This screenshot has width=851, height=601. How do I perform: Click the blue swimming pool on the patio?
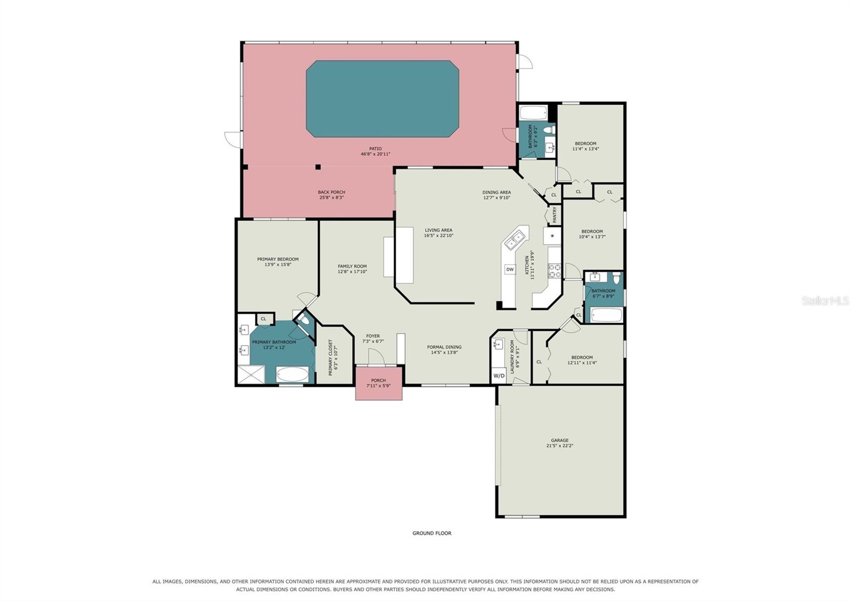point(382,99)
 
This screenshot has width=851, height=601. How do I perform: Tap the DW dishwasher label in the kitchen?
point(510,269)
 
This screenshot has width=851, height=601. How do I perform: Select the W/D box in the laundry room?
point(499,375)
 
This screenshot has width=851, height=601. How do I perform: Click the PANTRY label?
point(554,215)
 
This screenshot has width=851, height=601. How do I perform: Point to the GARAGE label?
point(560,440)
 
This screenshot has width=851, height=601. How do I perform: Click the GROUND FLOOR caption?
point(432,533)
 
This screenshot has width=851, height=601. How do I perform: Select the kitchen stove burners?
point(554,271)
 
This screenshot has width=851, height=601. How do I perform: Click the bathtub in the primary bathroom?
point(292,374)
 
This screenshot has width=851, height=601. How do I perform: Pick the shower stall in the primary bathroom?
point(251,374)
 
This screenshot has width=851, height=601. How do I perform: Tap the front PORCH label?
point(378,380)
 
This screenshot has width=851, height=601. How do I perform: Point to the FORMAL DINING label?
point(444,347)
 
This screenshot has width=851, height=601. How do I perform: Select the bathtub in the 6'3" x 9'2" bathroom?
point(533,113)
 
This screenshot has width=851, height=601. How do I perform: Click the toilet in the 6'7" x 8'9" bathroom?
point(616,278)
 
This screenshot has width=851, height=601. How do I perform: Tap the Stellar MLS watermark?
point(825,301)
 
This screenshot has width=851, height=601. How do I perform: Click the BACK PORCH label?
point(332,192)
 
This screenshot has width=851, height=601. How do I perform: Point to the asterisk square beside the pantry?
point(552,236)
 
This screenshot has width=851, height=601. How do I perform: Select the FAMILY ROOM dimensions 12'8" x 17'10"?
point(352,272)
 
